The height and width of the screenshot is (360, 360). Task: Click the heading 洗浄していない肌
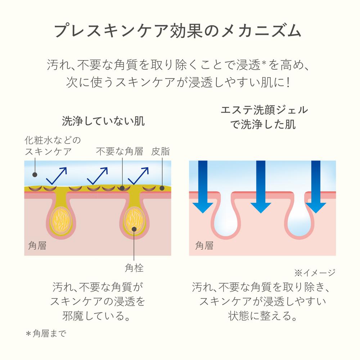103,121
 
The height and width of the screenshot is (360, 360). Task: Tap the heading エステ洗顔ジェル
262,110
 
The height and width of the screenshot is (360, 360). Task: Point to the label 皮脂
160,152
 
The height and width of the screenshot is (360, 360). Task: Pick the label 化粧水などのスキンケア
53,145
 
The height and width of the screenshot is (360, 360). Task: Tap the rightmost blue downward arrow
315,187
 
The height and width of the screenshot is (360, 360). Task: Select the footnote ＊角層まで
46,334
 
